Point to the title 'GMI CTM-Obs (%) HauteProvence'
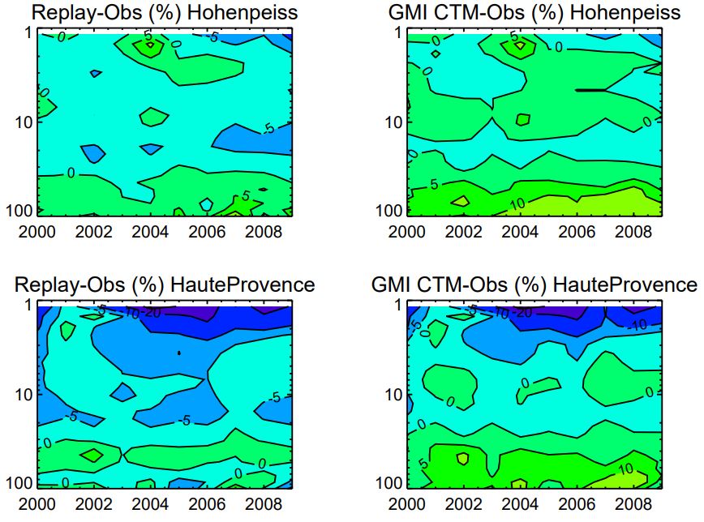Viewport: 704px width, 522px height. (534, 285)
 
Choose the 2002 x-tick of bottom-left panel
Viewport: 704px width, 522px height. (93, 503)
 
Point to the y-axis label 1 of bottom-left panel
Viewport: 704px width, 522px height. (28, 306)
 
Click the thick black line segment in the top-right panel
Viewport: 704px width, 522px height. (590, 90)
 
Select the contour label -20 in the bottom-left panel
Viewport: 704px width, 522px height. (152, 312)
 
